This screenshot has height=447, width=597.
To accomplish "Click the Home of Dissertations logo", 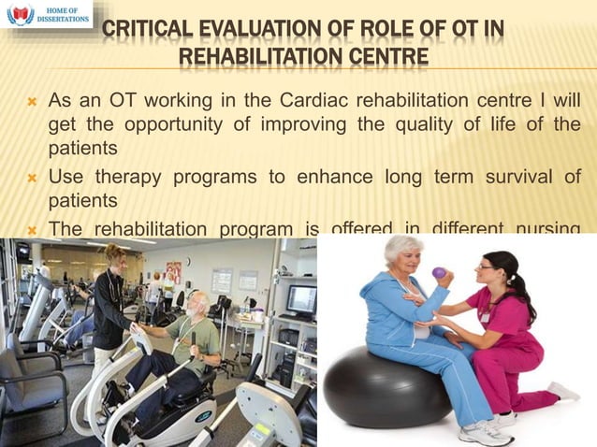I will [47, 14].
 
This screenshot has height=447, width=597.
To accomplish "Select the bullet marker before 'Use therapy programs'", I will [31, 178].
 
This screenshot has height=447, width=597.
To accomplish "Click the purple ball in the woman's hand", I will [439, 273].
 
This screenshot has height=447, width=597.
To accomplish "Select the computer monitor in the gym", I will [300, 299].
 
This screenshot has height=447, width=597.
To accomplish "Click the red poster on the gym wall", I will [173, 270].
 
